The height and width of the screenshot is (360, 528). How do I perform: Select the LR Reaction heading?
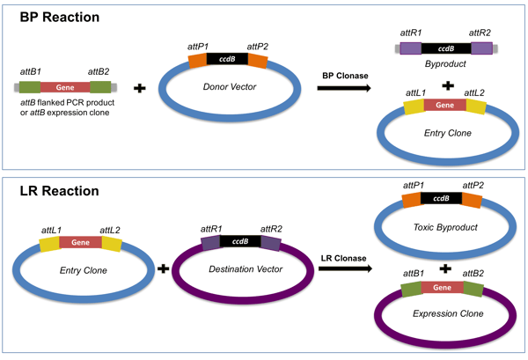52,191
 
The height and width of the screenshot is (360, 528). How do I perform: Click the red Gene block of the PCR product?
62,87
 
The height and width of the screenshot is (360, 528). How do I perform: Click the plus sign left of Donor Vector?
138,88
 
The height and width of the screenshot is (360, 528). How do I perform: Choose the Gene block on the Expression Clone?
438,287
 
